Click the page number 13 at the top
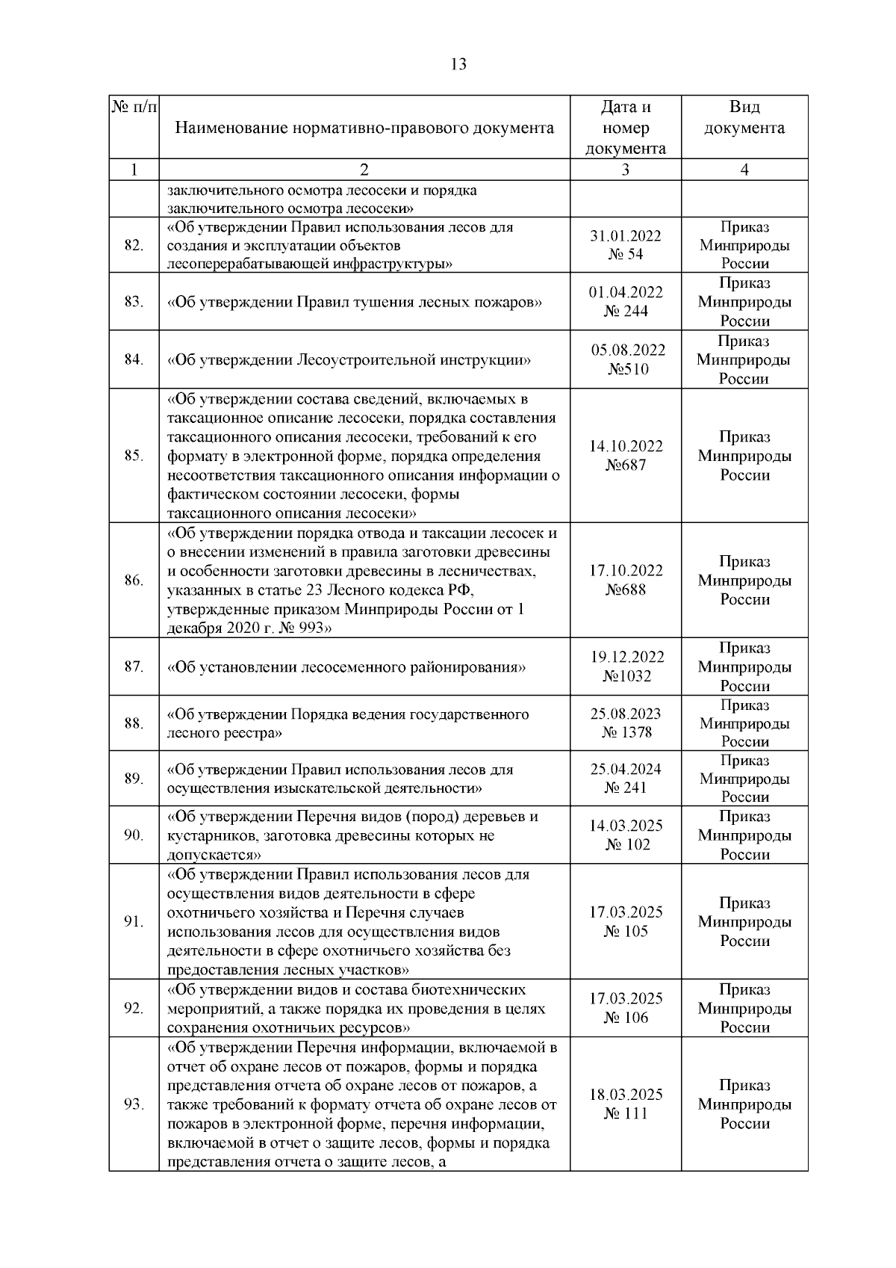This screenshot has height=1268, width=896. click(x=458, y=64)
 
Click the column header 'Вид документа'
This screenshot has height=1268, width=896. click(x=744, y=117)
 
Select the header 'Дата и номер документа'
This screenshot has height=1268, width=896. click(x=626, y=128)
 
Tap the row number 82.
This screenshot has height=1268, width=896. click(x=134, y=245)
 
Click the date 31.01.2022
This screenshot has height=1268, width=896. click(x=626, y=235)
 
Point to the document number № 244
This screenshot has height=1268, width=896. click(x=626, y=312)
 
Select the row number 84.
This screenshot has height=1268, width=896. click(x=134, y=359)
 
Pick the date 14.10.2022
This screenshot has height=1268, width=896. click(x=626, y=446)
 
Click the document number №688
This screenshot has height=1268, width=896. click(x=626, y=590)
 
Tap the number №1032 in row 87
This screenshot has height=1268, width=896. click(x=626, y=676)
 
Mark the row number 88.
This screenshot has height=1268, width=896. click(x=134, y=723)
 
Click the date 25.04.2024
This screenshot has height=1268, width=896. click(x=626, y=769)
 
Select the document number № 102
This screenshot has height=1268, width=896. click(x=626, y=845)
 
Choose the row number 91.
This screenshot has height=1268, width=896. click(x=134, y=922)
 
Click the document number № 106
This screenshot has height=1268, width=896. click(x=626, y=1018)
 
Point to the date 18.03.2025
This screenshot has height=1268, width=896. click(x=626, y=1095)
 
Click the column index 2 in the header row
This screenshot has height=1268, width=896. click(x=364, y=170)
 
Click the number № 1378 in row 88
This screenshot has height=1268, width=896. click(x=626, y=733)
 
